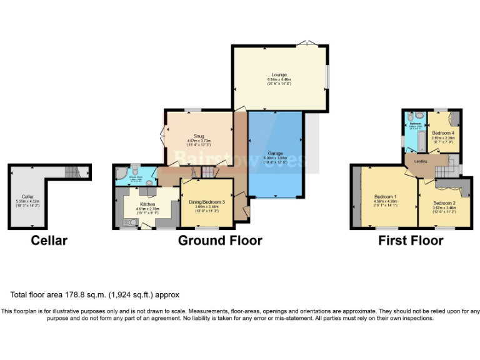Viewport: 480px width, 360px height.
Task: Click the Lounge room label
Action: pyautogui.click(x=279, y=74)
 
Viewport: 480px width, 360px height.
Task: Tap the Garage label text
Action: pyautogui.click(x=275, y=153)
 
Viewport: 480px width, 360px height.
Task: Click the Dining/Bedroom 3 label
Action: pyautogui.click(x=207, y=202)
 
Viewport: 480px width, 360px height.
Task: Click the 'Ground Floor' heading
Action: pyautogui.click(x=220, y=241)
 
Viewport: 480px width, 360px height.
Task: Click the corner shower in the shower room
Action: pyautogui.click(x=120, y=173)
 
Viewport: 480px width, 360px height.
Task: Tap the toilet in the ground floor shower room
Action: pyautogui.click(x=136, y=169)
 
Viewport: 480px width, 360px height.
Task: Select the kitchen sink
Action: pyautogui.click(x=131, y=221)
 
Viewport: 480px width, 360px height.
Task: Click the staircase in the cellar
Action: pyautogui.click(x=72, y=171)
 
